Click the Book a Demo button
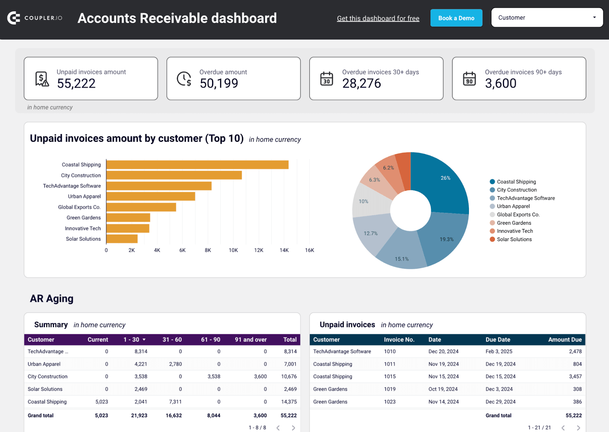(x=456, y=18)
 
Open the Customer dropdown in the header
(x=547, y=18)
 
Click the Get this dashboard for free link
(x=378, y=18)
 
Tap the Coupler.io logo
(x=35, y=18)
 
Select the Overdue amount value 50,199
(x=219, y=83)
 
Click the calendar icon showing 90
(x=469, y=79)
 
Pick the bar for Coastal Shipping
(x=197, y=165)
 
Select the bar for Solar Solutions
(x=122, y=239)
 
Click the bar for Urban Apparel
(x=151, y=196)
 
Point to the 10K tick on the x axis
(x=233, y=250)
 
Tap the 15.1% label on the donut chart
(x=402, y=259)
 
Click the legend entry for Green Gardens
(x=514, y=223)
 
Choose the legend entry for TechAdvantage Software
(x=526, y=198)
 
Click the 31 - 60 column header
(x=172, y=339)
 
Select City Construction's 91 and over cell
(x=260, y=376)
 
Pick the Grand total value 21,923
(x=139, y=416)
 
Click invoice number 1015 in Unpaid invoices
(x=390, y=376)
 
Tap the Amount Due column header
(x=564, y=339)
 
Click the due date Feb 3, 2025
(x=499, y=351)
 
